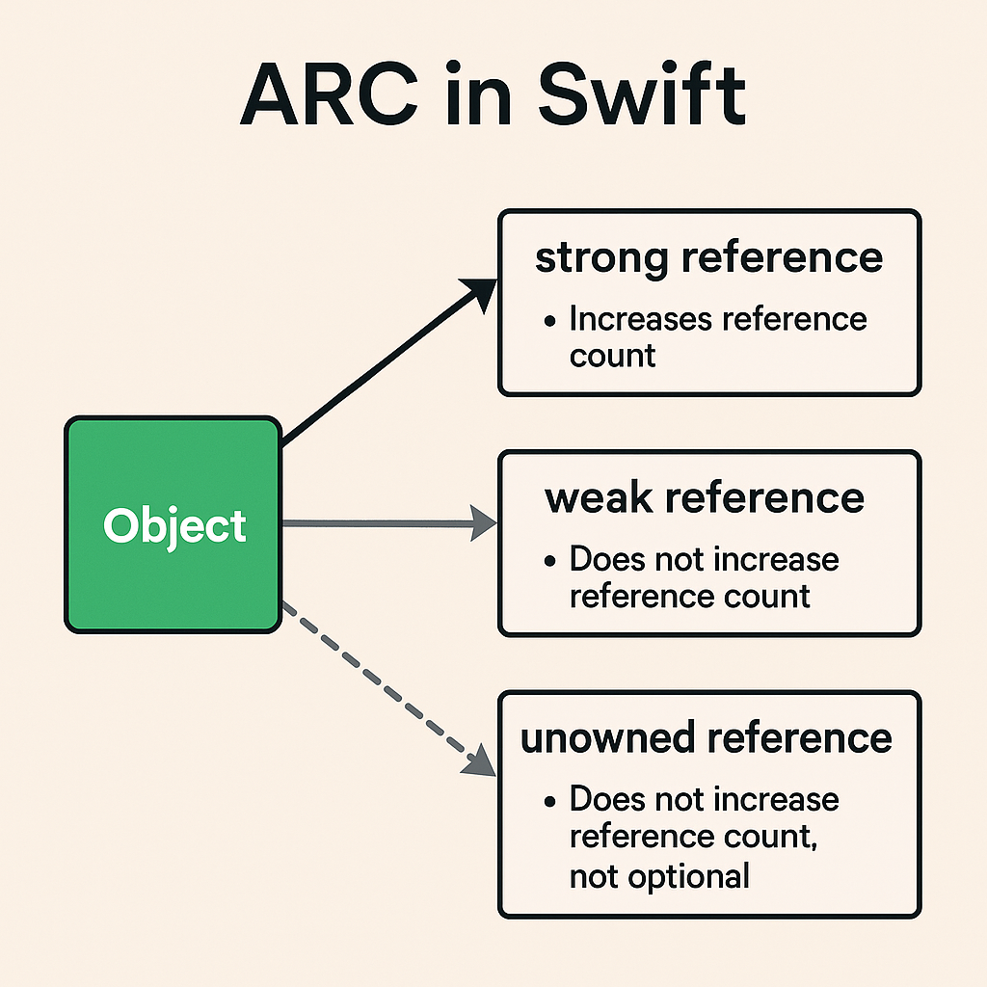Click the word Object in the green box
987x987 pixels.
[x=174, y=526]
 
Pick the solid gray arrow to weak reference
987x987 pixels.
[x=386, y=523]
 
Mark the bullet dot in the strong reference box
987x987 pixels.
[x=550, y=321]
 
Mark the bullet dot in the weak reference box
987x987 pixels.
[x=550, y=561]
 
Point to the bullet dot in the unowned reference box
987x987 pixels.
[x=550, y=801]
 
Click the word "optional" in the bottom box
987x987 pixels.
[x=688, y=876]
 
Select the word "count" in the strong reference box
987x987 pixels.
[x=612, y=356]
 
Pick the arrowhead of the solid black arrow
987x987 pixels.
[x=481, y=290]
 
